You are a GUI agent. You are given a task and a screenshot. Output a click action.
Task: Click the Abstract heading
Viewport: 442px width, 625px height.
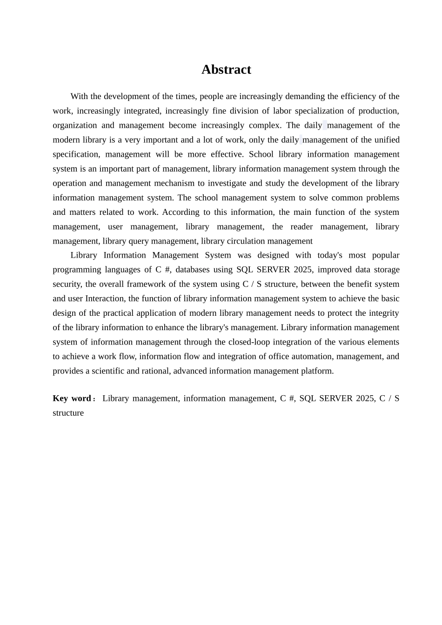click(226, 70)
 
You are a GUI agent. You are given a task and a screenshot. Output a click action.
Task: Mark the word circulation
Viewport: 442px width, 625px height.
click(259, 241)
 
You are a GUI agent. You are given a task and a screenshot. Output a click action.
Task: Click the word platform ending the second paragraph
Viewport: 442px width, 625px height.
click(318, 371)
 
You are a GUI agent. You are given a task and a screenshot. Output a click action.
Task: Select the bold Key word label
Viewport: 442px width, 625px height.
click(72, 399)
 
